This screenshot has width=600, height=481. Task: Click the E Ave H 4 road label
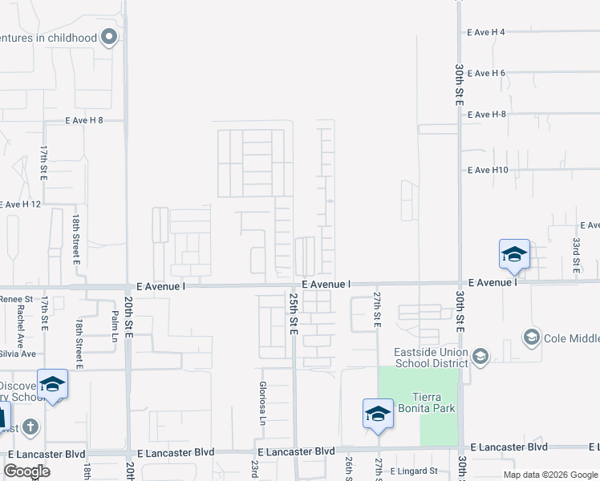(x=486, y=32)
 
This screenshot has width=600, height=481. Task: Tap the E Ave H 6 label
(x=486, y=73)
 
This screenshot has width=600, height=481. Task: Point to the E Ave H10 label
(x=488, y=170)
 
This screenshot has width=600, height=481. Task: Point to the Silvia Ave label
(x=18, y=354)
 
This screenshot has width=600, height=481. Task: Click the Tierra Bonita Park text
(x=434, y=402)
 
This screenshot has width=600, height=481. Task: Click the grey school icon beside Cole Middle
(x=531, y=337)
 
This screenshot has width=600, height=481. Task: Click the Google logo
(x=27, y=471)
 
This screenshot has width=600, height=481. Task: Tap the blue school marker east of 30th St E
(x=514, y=255)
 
